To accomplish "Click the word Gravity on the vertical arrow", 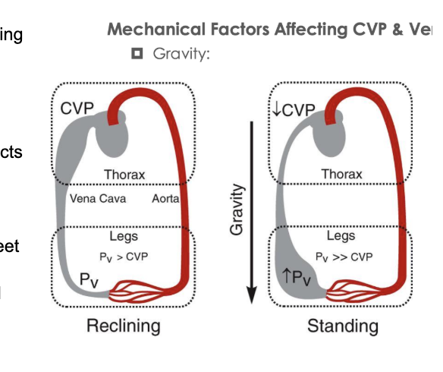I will pos(237,209).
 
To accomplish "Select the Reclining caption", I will pos(124,326).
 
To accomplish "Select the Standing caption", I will pos(342,326).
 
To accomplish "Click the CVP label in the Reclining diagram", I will pos(77,109).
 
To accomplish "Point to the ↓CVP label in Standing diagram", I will pos(293,110).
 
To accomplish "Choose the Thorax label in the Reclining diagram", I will pos(124,174).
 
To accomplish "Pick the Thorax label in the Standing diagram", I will pos(341,174).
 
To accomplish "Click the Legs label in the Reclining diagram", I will pos(124,237).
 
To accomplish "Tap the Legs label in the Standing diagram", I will pos(341,237).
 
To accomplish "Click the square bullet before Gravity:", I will pos(137,54).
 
